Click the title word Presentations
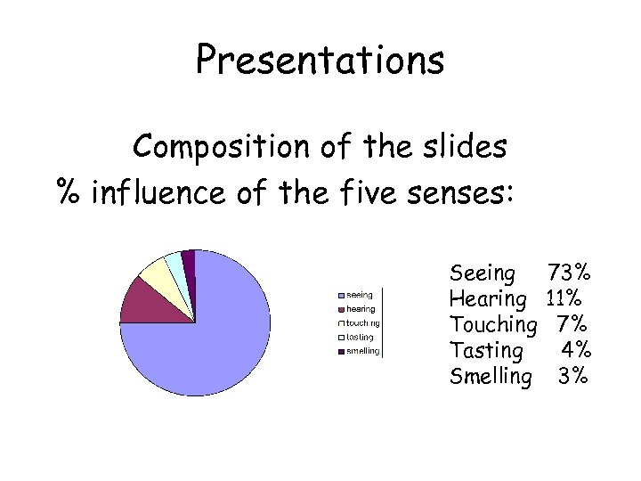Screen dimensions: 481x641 (320, 61)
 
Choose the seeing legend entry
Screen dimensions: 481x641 (359, 294)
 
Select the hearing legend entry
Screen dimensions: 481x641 (360, 308)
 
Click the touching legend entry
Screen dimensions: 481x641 (362, 322)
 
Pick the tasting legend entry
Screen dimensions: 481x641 (360, 337)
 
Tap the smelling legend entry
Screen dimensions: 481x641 (362, 351)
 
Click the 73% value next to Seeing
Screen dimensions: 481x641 (568, 273)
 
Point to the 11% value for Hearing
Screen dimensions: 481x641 (564, 298)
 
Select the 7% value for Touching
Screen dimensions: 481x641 (570, 324)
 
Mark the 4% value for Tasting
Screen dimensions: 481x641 (573, 350)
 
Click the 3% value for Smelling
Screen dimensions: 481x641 (572, 376)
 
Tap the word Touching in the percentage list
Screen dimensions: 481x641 (493, 324)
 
